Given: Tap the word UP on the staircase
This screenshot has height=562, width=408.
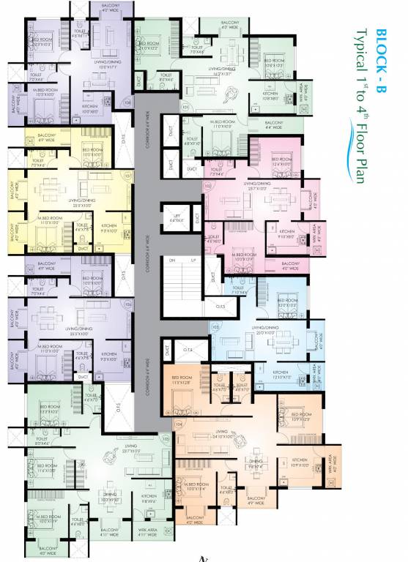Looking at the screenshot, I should tap(193, 261).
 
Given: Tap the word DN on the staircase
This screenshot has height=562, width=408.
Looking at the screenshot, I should tap(173, 261).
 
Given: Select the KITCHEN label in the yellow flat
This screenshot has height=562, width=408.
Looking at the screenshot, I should tap(109, 227).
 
